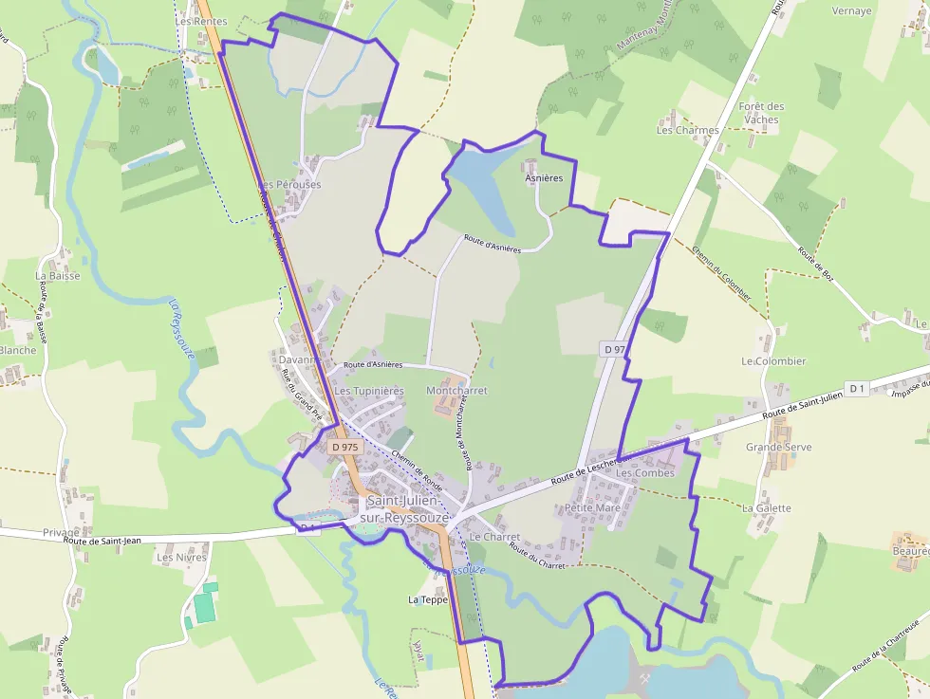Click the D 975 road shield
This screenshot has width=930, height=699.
(344, 445)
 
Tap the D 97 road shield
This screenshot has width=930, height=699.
(614, 349)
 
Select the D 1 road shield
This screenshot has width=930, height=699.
(857, 388)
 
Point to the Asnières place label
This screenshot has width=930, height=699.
(544, 177)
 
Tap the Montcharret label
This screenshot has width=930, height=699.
(456, 391)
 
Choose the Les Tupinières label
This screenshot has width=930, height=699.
(369, 391)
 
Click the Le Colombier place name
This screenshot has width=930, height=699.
(773, 361)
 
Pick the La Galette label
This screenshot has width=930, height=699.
(766, 508)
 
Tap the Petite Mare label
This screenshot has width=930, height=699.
(591, 508)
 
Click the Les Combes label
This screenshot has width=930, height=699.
(645, 472)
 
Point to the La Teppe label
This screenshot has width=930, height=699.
(427, 599)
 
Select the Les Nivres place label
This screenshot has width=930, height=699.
(181, 558)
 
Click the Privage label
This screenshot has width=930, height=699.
(62, 533)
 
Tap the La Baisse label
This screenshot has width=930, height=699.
(58, 276)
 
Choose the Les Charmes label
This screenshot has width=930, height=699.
(687, 130)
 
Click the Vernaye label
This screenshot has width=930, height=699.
(851, 11)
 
